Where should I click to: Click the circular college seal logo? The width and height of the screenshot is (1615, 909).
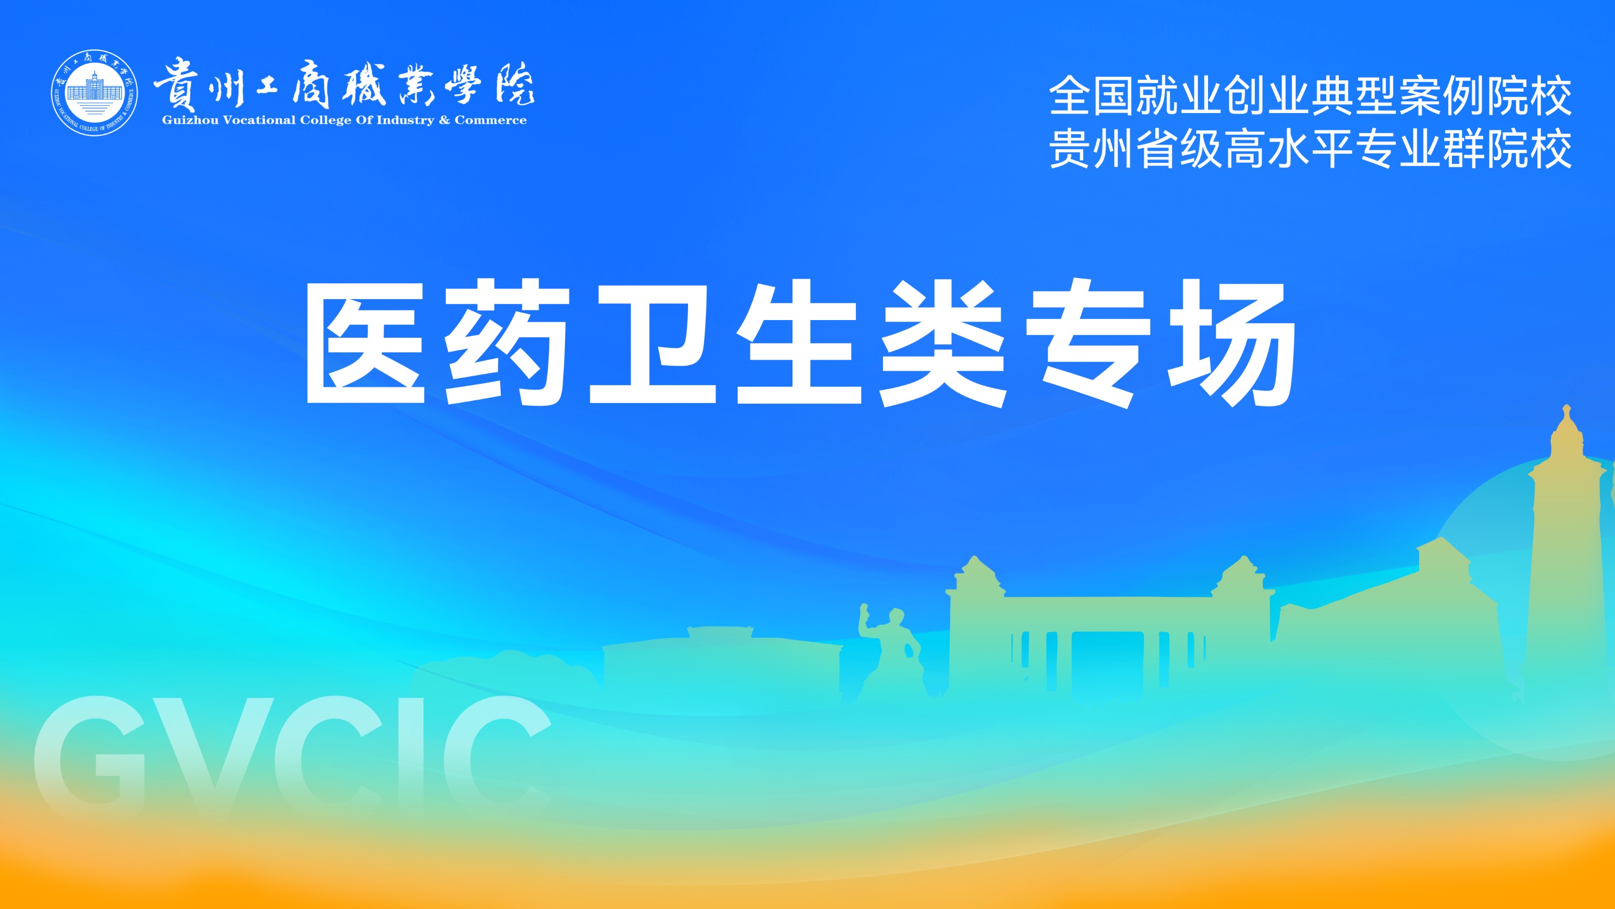click(95, 93)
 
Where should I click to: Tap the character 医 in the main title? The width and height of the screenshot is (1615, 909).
click(364, 343)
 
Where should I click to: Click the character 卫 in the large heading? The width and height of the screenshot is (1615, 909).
click(652, 344)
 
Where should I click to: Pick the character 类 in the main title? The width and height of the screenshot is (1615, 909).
click(943, 343)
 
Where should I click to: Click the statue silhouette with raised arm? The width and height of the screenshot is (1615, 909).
click(890, 653)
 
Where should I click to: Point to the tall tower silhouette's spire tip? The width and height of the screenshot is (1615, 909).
click(1566, 406)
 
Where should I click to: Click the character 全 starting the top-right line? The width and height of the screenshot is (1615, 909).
click(1071, 96)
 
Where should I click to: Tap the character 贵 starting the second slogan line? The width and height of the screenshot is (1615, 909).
click(1071, 149)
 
